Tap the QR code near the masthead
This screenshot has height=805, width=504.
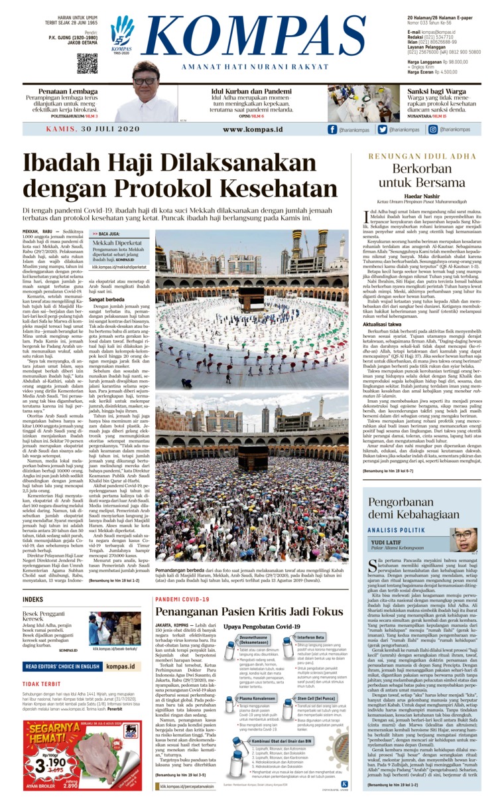tap(87, 63)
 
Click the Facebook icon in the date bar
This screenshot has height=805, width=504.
tap(333, 130)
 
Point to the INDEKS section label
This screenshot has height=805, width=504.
tap(32, 599)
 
